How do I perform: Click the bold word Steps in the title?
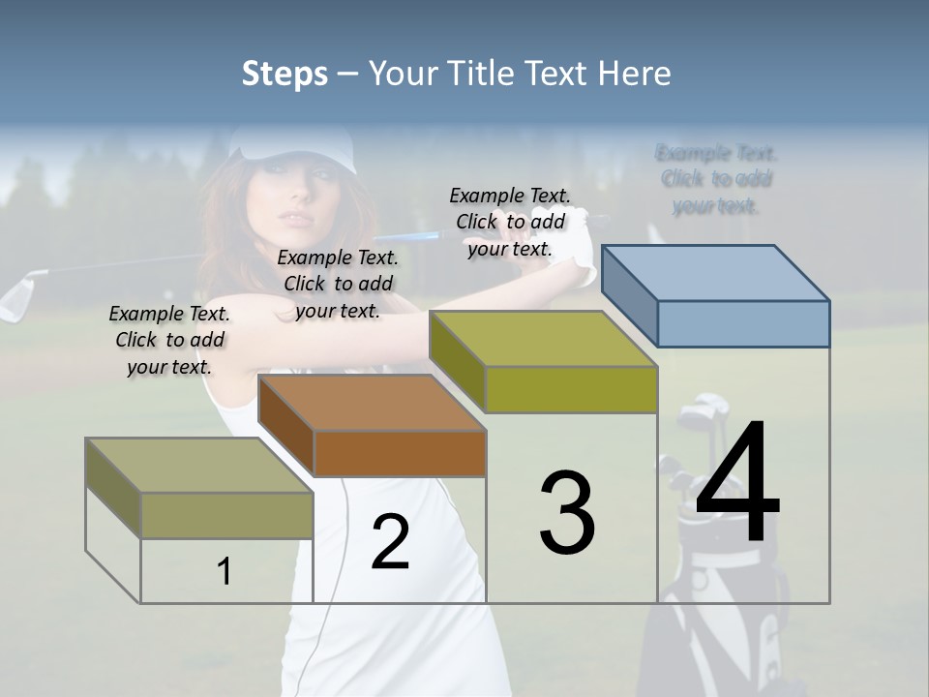pyautogui.click(x=285, y=74)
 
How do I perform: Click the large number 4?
pyautogui.click(x=737, y=484)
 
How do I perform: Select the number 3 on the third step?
pyautogui.click(x=567, y=512)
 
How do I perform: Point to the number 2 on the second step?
pyautogui.click(x=390, y=542)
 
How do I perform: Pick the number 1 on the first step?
pyautogui.click(x=225, y=572)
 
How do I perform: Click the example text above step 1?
pyautogui.click(x=169, y=340)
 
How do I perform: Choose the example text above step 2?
pyautogui.click(x=338, y=284)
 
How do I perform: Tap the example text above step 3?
pyautogui.click(x=510, y=222)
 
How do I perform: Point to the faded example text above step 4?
pyautogui.click(x=716, y=179)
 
